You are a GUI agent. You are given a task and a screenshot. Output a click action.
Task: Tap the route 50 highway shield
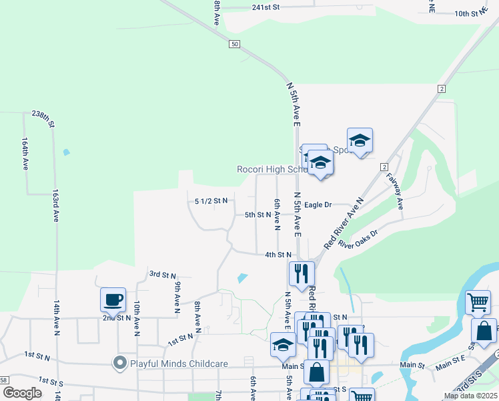click(233, 44)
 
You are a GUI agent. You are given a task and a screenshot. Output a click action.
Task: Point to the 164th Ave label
click(25, 154)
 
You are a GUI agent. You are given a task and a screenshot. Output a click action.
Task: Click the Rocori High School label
click(271, 169)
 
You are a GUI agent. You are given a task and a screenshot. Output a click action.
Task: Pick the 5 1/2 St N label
click(211, 200)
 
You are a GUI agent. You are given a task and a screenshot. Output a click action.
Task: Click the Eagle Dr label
click(318, 205)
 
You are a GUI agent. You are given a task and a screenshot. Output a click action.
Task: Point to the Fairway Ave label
click(396, 191)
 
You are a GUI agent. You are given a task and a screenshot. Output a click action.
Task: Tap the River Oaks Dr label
click(358, 239)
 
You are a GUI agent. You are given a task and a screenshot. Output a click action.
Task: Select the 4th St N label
click(278, 255)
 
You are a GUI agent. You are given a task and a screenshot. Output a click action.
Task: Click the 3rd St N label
click(162, 275)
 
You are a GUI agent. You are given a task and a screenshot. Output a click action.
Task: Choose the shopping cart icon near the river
click(478, 301)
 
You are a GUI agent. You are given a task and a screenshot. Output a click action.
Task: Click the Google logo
click(23, 392)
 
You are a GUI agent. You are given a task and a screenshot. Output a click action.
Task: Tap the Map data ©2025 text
click(471, 396)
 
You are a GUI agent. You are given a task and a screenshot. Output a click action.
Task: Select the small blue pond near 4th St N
click(242, 277)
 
